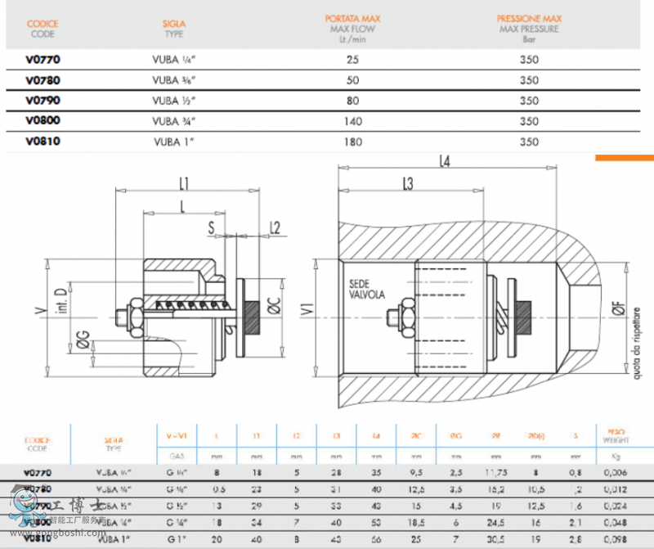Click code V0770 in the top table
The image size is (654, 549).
pyautogui.click(x=43, y=60)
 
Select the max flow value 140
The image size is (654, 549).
pyautogui.click(x=353, y=121)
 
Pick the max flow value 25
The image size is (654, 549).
pyautogui.click(x=353, y=60)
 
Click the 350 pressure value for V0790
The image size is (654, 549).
pyautogui.click(x=529, y=101)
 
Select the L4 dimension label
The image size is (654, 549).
pyautogui.click(x=445, y=162)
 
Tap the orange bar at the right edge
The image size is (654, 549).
pyautogui.click(x=624, y=157)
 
